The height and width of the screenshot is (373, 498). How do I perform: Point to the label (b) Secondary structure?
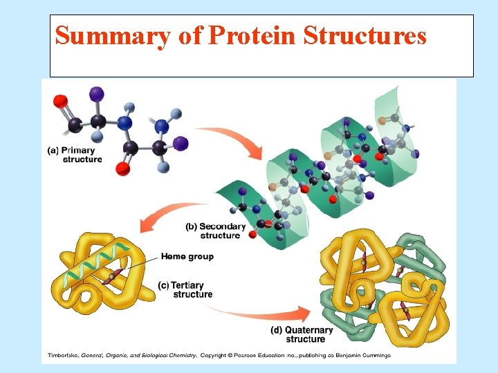(216, 231)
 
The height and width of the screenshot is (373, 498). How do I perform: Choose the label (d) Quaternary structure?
(302, 334)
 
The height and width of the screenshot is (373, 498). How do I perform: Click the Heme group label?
(187, 256)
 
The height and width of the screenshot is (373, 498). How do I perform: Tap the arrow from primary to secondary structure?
(239, 138)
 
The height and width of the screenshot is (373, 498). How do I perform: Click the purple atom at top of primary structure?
(97, 93)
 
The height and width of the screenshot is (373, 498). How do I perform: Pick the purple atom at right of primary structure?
(181, 144)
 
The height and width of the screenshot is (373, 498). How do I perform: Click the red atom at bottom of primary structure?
(123, 169)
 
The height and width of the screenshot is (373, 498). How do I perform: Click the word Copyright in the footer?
(217, 356)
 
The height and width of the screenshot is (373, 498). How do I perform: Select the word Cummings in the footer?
(373, 356)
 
